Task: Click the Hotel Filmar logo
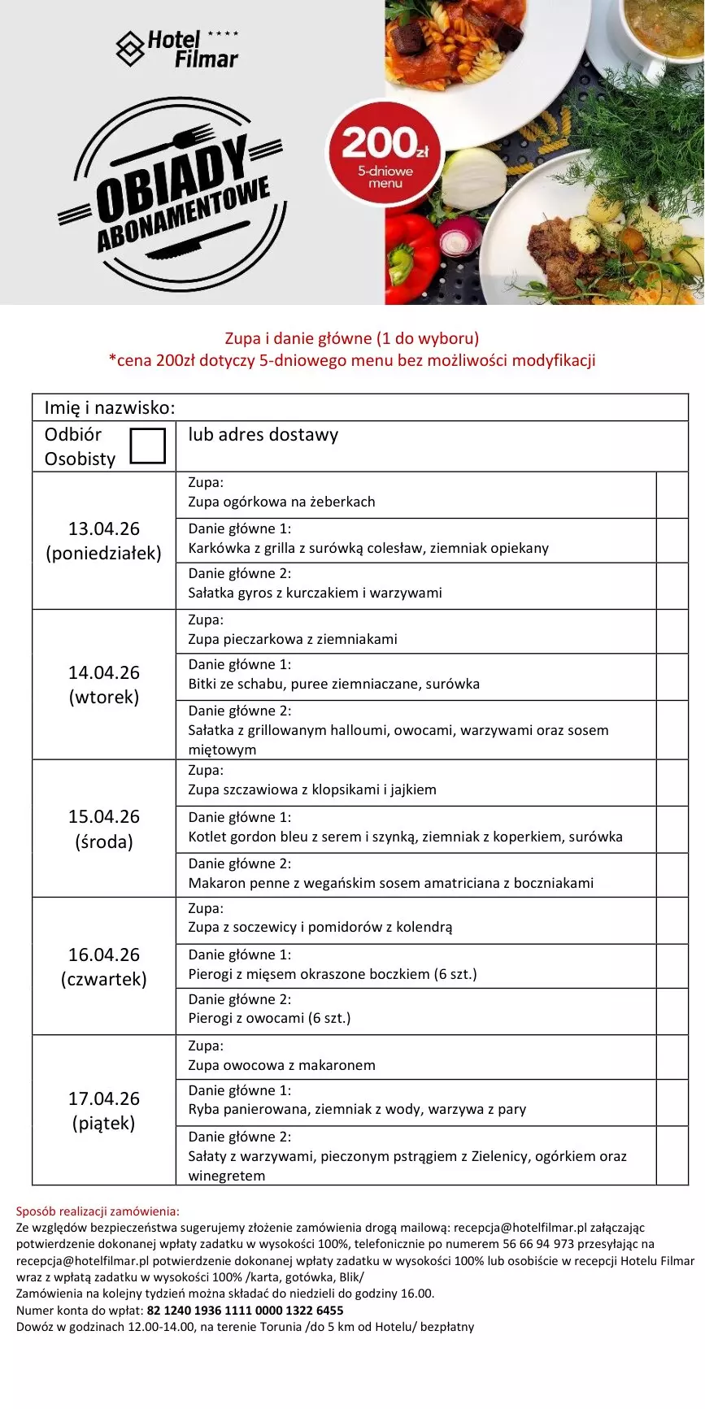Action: click(177, 49)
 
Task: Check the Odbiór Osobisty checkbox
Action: click(148, 446)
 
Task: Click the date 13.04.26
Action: click(104, 528)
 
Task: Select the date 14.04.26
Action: click(104, 672)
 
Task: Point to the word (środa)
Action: click(104, 841)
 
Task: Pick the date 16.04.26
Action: click(104, 955)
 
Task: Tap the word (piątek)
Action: click(104, 1123)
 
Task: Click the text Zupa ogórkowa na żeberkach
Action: click(281, 502)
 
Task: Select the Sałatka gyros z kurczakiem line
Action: click(315, 593)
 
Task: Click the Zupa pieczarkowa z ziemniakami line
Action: click(293, 639)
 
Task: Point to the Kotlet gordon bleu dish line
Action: click(405, 837)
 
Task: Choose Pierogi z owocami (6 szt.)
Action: click(269, 1018)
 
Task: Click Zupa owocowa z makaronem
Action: click(281, 1065)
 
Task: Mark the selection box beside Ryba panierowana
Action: click(672, 1102)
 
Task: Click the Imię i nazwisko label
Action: click(110, 408)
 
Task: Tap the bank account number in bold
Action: click(245, 1311)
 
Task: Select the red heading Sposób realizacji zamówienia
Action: click(98, 1211)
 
